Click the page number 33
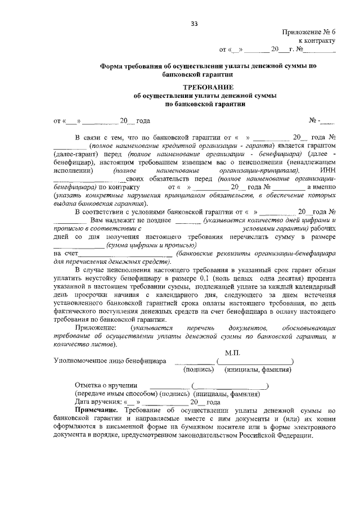pos(194,23)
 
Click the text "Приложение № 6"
pos(309,34)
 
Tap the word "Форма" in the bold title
pos(112,66)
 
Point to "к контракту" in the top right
pos(317,41)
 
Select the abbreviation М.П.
pos(225,351)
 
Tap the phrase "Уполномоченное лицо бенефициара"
pos(110,361)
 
